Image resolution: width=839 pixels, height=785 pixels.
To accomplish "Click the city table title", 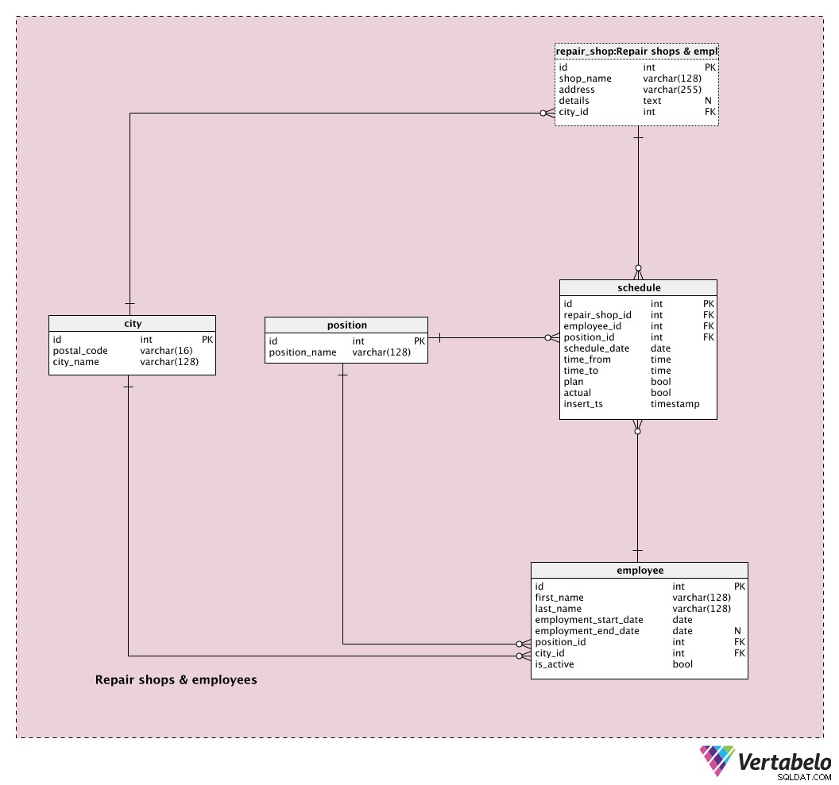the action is (133, 324).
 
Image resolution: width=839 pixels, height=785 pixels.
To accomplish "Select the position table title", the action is (346, 325).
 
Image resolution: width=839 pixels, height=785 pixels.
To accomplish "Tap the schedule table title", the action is (639, 287).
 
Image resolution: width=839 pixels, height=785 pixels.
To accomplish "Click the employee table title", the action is (640, 570).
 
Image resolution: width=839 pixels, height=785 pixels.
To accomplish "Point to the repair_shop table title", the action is (636, 52).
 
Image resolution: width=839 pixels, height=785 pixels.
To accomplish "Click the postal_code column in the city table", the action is (80, 351).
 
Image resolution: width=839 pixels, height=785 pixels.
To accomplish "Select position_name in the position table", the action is (303, 352).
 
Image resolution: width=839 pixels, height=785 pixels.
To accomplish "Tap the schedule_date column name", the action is (596, 348).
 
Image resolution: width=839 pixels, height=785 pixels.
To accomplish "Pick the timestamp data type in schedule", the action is (675, 404).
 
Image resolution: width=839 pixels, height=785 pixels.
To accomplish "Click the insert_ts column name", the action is (582, 404).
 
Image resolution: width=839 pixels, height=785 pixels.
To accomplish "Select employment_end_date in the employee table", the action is (587, 631).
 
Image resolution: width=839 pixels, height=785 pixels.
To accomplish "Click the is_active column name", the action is (555, 664).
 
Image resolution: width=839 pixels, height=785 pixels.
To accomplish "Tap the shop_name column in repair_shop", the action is (585, 79).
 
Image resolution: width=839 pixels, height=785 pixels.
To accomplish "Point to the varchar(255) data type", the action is (672, 90).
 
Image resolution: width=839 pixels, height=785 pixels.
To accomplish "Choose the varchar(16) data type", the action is (166, 351).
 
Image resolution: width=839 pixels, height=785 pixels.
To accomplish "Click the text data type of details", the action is (651, 101).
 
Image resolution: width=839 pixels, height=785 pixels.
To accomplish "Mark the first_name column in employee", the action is (559, 598).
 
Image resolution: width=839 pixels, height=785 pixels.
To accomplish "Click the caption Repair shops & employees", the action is (176, 679).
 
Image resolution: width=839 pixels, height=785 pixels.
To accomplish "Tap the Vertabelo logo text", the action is (784, 761).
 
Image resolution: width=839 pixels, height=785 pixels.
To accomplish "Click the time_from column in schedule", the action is (587, 360).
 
